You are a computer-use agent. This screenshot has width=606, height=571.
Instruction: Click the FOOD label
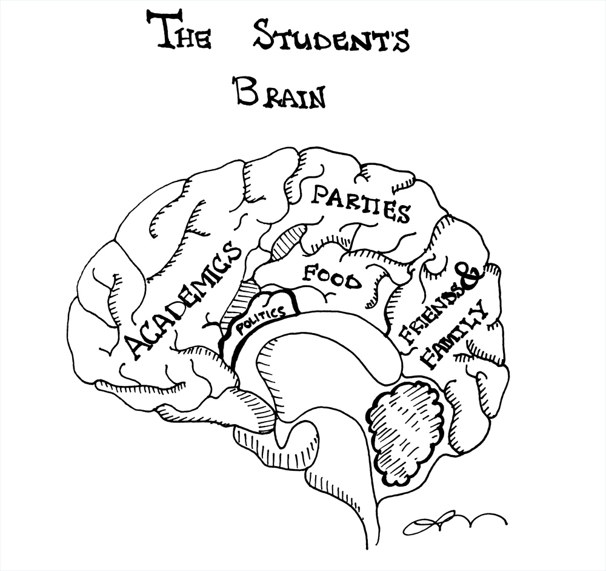tap(331, 276)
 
